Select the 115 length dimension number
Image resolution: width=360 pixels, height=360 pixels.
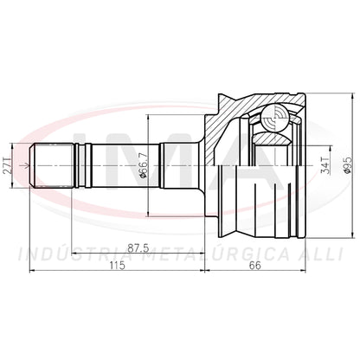118,265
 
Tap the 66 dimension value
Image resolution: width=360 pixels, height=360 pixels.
255,265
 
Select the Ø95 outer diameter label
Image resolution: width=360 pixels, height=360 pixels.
349,165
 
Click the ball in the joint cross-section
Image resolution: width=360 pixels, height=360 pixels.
275,119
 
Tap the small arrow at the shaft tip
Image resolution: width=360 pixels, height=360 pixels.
25,165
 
